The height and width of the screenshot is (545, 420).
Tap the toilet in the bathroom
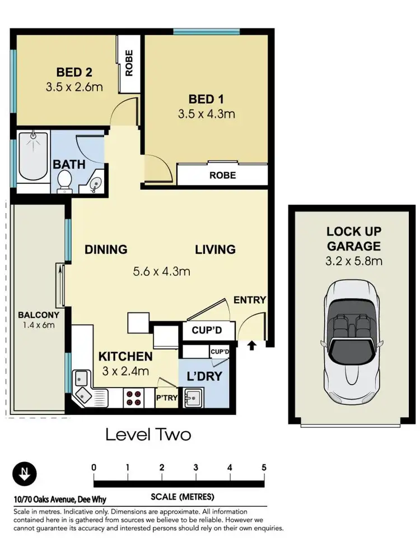tap(64, 180)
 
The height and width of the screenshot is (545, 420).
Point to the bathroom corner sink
tap(94, 184)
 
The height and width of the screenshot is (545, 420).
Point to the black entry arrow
tap(251, 345)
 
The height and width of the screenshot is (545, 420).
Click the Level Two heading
tap(148, 435)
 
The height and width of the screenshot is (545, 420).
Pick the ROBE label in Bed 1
tap(222, 175)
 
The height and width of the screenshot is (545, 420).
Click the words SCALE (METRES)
tap(179, 497)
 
